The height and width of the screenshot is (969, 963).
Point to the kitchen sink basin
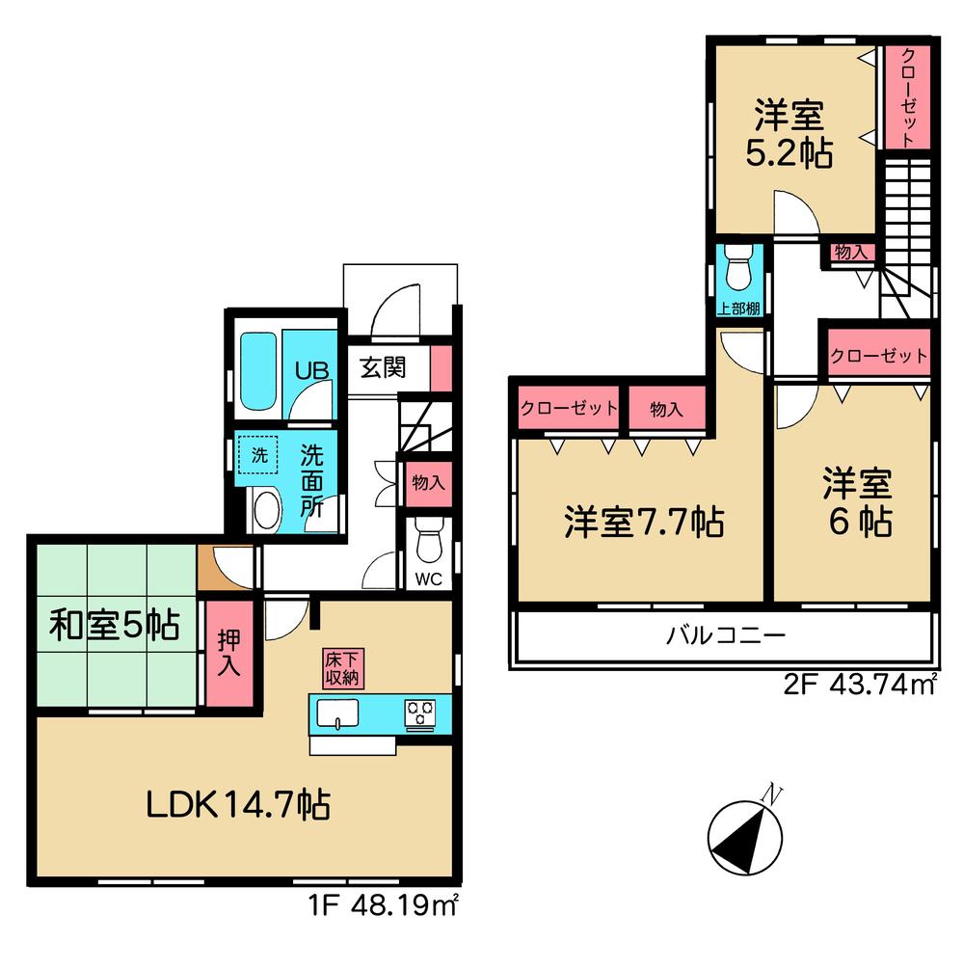click(335, 714)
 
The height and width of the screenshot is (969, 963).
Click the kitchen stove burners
click(420, 714)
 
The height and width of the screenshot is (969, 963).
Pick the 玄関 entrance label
click(383, 367)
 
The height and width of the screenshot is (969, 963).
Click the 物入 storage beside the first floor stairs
click(428, 482)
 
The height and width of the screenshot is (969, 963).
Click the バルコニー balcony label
click(727, 637)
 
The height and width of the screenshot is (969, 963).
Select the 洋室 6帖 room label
click(856, 501)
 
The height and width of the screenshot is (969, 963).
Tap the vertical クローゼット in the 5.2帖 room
click(908, 96)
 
